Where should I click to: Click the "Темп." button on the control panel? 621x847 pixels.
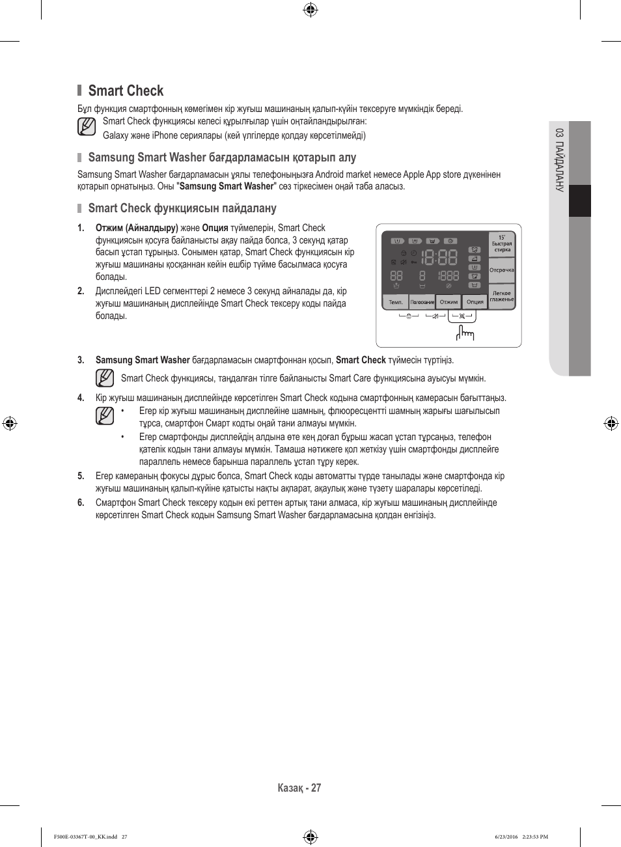[396, 302]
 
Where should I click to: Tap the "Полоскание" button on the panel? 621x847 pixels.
[422, 302]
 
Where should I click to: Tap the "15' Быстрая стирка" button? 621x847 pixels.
[502, 243]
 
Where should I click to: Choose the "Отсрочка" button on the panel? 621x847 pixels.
[502, 270]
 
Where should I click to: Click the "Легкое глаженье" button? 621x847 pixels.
[502, 296]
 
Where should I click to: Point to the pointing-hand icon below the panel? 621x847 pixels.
[465, 333]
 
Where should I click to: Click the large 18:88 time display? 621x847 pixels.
[439, 257]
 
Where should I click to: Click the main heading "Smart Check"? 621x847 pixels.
[126, 91]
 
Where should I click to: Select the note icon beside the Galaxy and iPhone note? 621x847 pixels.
[87, 127]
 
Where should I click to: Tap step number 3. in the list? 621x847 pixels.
[81, 360]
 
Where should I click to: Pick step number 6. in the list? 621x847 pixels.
[81, 503]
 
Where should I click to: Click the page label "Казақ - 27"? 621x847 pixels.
[299, 788]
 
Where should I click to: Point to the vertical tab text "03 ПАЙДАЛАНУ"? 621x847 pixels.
[559, 160]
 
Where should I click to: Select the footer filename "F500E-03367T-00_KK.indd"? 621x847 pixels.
[85, 837]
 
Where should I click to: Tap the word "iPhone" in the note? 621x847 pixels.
[165, 135]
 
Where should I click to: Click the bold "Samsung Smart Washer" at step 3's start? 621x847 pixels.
[143, 360]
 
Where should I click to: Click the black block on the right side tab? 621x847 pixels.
[580, 201]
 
